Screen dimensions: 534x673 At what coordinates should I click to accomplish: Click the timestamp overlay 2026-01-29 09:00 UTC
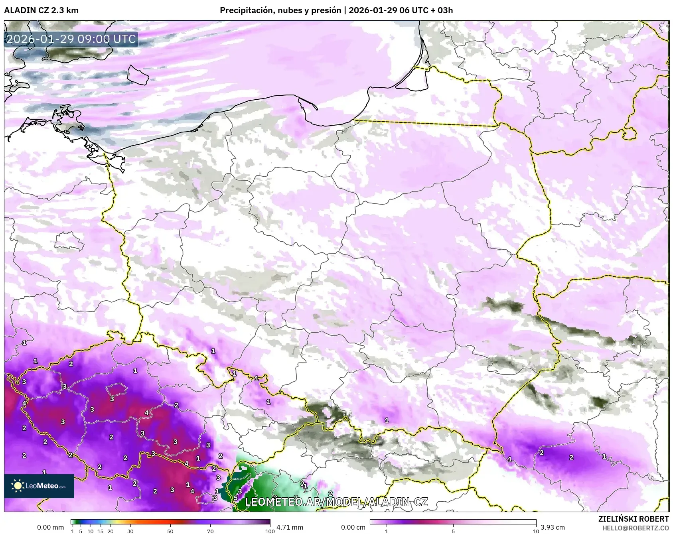(x=71, y=39)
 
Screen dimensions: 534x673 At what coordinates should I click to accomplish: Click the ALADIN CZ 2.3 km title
(x=41, y=10)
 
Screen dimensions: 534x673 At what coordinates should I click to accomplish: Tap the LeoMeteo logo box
(x=39, y=486)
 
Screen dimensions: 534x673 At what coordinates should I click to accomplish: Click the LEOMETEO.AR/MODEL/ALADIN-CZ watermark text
(x=336, y=502)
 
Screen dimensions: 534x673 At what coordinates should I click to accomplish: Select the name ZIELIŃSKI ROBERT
(x=633, y=519)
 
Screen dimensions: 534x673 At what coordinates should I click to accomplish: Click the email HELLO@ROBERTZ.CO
(x=635, y=528)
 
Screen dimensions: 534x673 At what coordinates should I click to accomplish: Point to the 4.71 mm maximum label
(x=290, y=527)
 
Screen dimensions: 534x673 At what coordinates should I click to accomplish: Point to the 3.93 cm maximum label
(x=553, y=527)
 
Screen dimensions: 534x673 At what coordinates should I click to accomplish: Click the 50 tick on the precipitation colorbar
(x=170, y=531)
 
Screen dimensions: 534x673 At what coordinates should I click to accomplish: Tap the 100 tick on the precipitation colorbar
(x=270, y=531)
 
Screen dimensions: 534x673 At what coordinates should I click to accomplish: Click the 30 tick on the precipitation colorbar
(x=130, y=531)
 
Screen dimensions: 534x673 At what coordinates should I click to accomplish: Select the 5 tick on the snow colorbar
(x=453, y=531)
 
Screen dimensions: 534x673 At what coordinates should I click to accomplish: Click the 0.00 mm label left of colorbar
(x=50, y=527)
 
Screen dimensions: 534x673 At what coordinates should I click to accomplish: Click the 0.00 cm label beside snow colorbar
(x=353, y=527)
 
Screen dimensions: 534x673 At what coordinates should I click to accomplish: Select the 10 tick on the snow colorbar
(x=536, y=531)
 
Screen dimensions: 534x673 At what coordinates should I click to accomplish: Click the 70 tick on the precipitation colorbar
(x=210, y=531)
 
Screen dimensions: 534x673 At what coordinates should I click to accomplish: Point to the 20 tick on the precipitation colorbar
(x=111, y=531)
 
